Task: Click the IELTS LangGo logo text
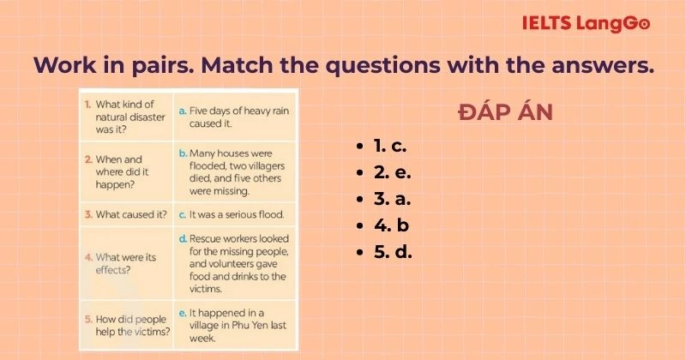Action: pyautogui.click(x=586, y=23)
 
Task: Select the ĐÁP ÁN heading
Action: pyautogui.click(x=505, y=113)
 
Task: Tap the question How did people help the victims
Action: pyautogui.click(x=129, y=324)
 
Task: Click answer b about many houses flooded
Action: pyautogui.click(x=236, y=171)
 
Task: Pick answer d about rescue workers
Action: pyautogui.click(x=236, y=263)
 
